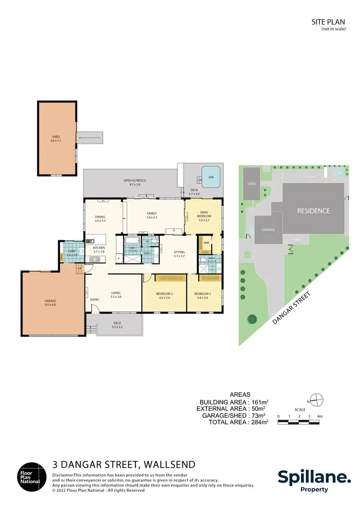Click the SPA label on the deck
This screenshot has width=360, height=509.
point(210,177)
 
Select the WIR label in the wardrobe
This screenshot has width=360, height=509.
point(206,243)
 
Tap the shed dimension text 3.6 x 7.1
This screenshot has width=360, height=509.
point(56,141)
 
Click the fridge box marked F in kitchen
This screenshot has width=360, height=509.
point(119,258)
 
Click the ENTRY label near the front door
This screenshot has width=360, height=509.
point(94,300)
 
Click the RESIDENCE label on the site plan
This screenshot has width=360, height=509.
point(313,211)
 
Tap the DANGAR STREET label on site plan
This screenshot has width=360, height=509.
point(291,308)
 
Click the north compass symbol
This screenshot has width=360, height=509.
point(316,399)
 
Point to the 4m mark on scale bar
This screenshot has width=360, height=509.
point(319,416)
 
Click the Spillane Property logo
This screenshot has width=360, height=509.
point(314,480)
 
